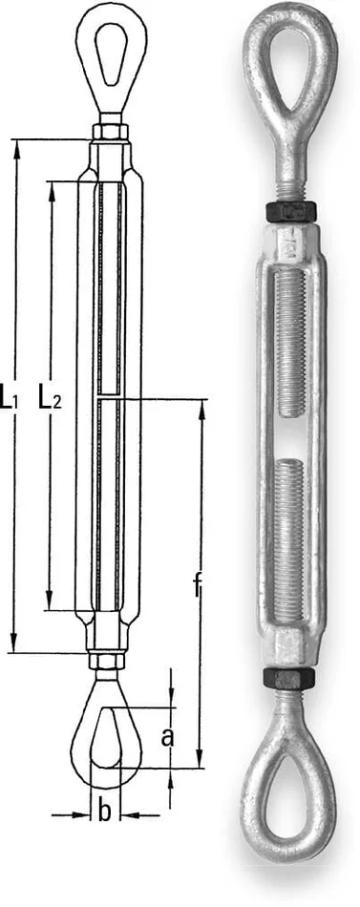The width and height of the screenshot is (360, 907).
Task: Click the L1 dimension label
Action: point(11,395)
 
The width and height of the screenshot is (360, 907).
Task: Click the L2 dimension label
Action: point(50,395)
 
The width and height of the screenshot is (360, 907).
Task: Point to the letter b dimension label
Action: point(105,812)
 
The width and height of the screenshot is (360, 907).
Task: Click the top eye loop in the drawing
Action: point(107,57)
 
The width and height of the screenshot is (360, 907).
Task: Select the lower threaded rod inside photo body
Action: point(286,535)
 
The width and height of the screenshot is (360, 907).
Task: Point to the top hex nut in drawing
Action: point(107,131)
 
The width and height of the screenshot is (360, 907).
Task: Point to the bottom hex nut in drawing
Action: point(105,660)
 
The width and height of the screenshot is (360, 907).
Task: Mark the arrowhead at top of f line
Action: point(201,406)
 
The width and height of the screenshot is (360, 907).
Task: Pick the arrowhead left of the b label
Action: point(83,814)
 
